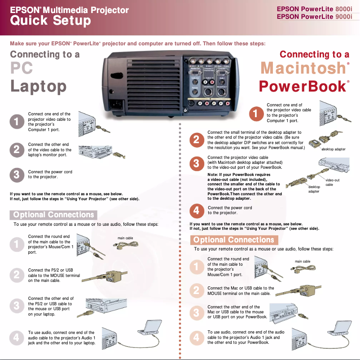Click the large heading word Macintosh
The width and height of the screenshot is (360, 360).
click(x=303, y=69)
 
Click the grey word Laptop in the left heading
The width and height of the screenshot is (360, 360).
click(x=38, y=86)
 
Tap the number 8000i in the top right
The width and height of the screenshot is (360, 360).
click(x=343, y=9)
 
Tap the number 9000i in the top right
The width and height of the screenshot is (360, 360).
click(x=343, y=17)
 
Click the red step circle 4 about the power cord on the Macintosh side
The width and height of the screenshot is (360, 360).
click(x=196, y=210)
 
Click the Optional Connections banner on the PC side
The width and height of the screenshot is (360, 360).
click(x=53, y=215)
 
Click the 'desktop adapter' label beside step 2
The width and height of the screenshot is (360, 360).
click(x=333, y=149)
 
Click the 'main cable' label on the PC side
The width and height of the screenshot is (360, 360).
click(x=125, y=238)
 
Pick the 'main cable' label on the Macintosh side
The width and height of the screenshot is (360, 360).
click(x=302, y=261)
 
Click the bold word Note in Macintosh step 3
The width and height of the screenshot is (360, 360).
click(x=212, y=174)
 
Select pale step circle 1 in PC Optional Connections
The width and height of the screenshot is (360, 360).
click(x=16, y=244)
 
